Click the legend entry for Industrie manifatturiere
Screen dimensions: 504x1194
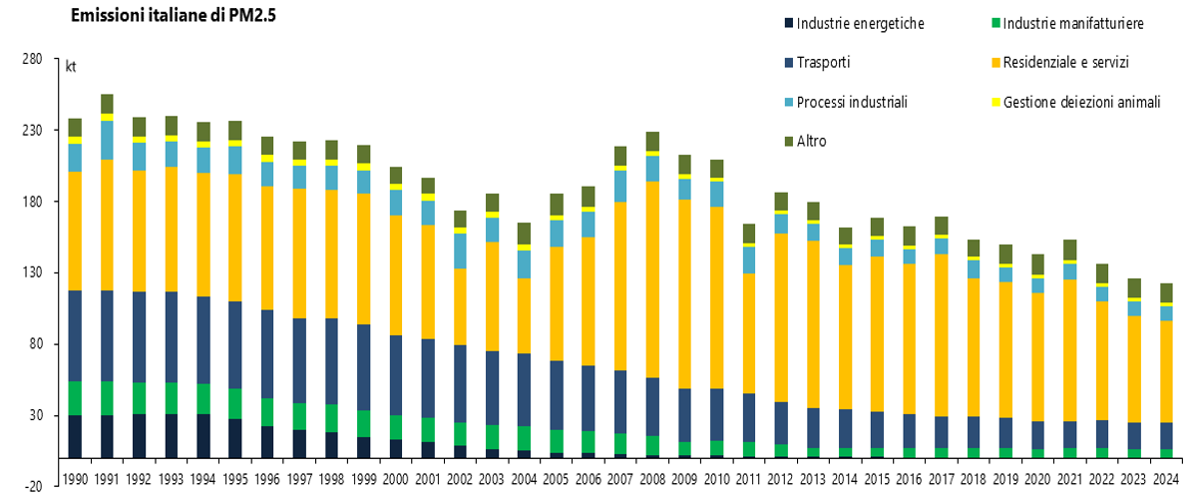(x=1072, y=23)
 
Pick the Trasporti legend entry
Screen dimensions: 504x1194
(x=824, y=62)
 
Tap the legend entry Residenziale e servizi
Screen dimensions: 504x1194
(x=1065, y=62)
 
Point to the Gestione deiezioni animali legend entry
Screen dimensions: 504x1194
(x=1081, y=102)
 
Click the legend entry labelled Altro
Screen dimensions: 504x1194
(x=812, y=141)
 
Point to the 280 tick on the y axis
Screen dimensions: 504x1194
(x=31, y=60)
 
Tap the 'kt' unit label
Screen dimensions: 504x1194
(x=71, y=68)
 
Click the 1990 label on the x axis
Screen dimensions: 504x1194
(x=74, y=478)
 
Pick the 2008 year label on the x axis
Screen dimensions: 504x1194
(x=653, y=478)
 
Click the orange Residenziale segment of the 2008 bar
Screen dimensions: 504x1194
(x=653, y=279)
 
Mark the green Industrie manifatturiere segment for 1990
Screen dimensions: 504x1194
(x=75, y=398)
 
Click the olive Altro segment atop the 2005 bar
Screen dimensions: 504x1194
(x=557, y=205)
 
